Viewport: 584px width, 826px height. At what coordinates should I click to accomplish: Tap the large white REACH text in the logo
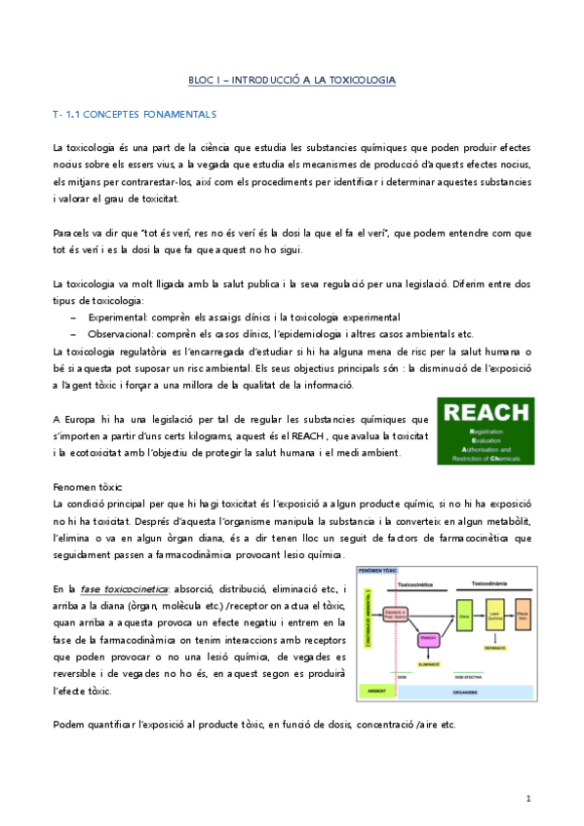click(x=485, y=412)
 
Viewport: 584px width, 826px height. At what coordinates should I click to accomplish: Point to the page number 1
click(x=527, y=798)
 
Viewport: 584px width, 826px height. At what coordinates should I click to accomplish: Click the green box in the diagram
click(x=464, y=617)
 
